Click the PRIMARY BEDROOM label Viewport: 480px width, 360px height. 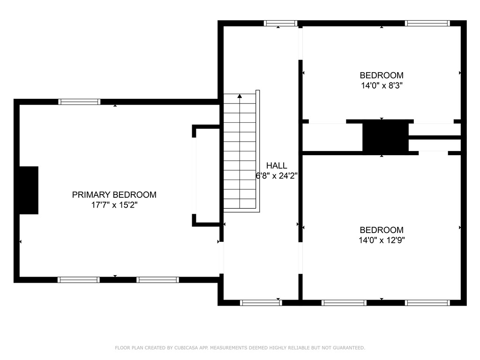pyautogui.click(x=114, y=195)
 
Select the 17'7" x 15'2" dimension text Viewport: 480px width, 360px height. pyautogui.click(x=114, y=205)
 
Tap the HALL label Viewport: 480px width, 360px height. pyautogui.click(x=277, y=165)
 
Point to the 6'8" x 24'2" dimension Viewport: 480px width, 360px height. pyautogui.click(x=277, y=176)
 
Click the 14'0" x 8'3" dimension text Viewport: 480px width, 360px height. pyautogui.click(x=381, y=86)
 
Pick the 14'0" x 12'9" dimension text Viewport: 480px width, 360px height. pyautogui.click(x=381, y=240)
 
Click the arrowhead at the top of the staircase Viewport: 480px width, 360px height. pyautogui.click(x=240, y=96)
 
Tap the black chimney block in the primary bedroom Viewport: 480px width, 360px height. pyautogui.click(x=29, y=190)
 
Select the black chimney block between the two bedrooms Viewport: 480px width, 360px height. pyautogui.click(x=385, y=136)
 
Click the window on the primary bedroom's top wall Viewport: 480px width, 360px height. pyautogui.click(x=79, y=102)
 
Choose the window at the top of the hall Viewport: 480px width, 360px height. pyautogui.click(x=280, y=23)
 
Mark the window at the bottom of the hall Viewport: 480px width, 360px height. pyautogui.click(x=261, y=303)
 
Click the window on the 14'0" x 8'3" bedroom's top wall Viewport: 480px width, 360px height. pyautogui.click(x=427, y=23)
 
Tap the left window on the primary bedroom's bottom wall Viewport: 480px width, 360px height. pyautogui.click(x=78, y=280)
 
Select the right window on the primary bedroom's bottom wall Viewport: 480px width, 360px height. pyautogui.click(x=157, y=280)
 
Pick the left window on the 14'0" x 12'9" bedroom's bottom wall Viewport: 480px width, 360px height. pyautogui.click(x=344, y=303)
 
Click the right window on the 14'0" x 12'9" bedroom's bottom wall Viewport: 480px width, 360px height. pyautogui.click(x=427, y=303)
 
